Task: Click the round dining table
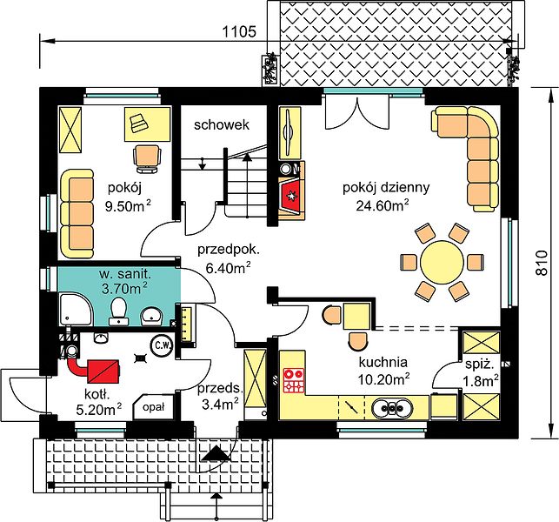[x=442, y=262]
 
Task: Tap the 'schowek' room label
[x=222, y=125]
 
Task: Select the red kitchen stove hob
[x=294, y=381]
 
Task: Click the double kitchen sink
[x=392, y=407]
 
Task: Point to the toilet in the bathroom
[x=119, y=311]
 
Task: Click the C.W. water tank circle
[x=163, y=345]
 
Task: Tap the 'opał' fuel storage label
[x=153, y=407]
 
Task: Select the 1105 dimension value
[x=239, y=32]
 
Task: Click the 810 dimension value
[x=542, y=263]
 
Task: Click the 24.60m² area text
[x=383, y=204]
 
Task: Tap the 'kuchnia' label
[x=383, y=363]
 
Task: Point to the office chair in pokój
[x=147, y=159]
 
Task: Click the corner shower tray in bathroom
[x=76, y=309]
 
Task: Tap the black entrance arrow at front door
[x=215, y=455]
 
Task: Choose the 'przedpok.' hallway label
[x=229, y=251]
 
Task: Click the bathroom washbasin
[x=151, y=317]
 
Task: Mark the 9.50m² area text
[x=128, y=206]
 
